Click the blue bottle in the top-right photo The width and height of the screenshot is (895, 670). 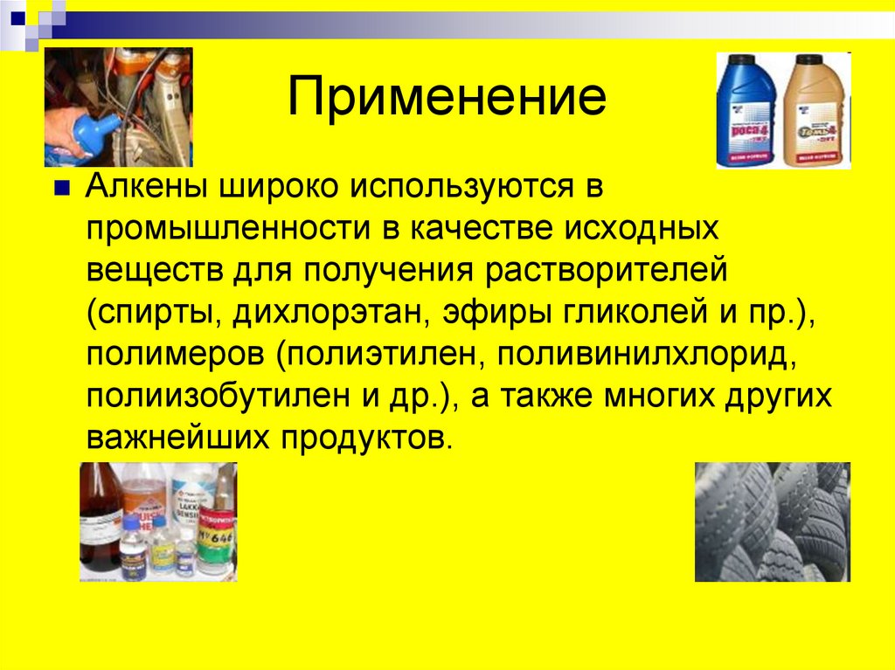pos(746,111)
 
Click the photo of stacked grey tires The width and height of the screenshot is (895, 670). pos(772,521)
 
